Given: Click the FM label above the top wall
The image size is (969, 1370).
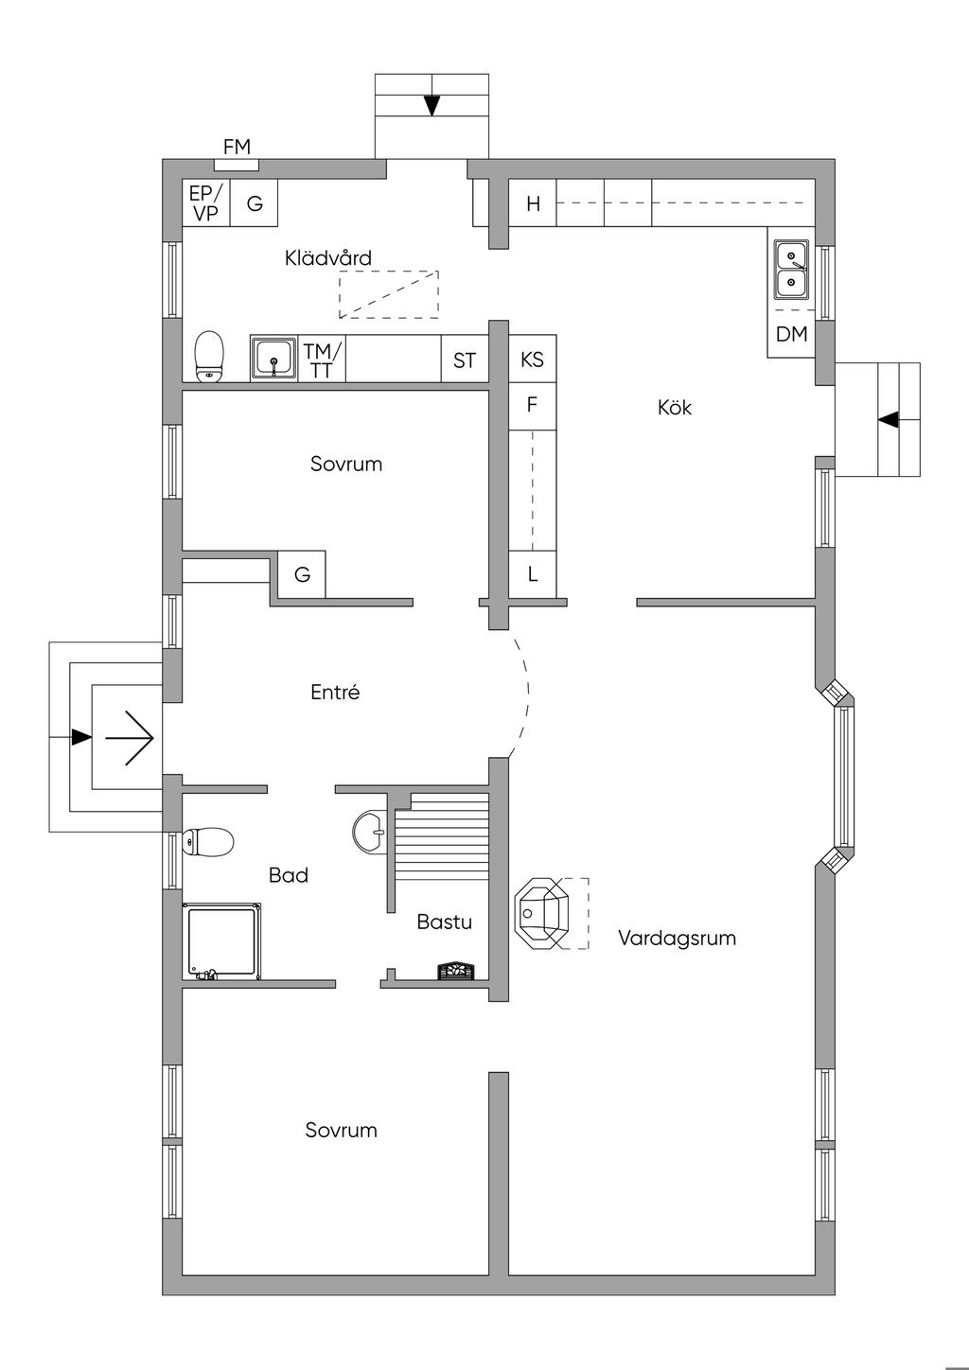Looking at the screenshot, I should pos(237,147).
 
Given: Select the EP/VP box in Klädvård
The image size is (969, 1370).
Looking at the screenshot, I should pos(205,202).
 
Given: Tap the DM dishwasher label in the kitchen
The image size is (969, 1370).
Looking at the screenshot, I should pos(791,334).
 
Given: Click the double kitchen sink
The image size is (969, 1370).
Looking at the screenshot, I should pos(791,269).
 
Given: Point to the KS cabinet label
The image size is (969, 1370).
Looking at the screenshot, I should pos(532,360).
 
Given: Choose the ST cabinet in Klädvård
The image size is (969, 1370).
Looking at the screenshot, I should pos(464,360).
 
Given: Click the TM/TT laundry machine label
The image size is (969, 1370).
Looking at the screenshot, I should pos(323,360).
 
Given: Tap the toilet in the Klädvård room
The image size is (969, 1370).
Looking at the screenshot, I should pos(209,356).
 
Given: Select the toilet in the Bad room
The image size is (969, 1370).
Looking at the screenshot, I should pos(209,841).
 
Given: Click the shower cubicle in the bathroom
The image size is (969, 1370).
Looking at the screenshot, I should pos(222,941).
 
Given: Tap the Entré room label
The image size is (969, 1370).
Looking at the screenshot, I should pos(335,693).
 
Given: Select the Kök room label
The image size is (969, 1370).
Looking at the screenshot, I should pos(675,408).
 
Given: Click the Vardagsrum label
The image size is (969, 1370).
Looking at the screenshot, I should pos(677,938).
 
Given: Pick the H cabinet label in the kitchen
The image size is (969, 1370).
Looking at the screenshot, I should pos(533,203).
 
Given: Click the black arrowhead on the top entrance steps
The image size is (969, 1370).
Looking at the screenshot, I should pos(432,105).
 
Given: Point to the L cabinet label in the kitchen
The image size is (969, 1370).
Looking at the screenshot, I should pos(533,574).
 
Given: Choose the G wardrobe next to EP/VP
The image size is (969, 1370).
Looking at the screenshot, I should pos(255,202).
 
